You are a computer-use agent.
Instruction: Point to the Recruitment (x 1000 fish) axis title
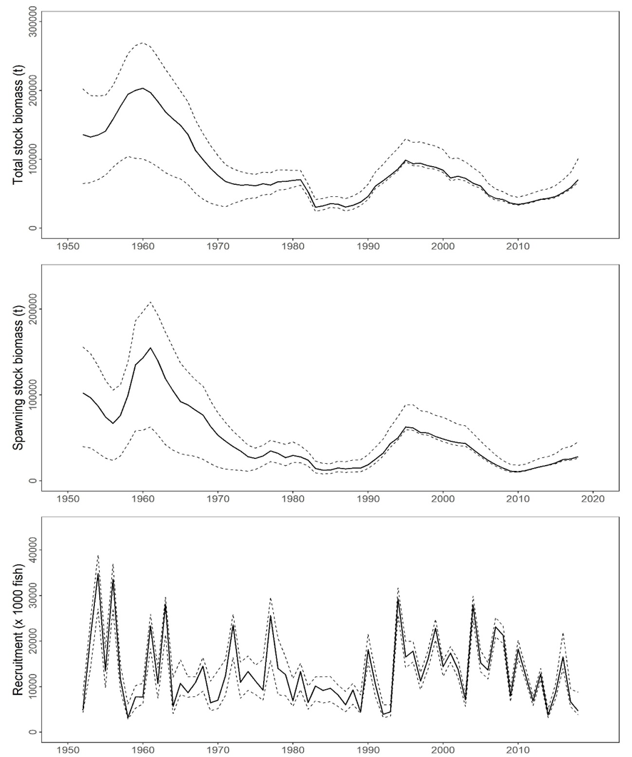click(x=18, y=621)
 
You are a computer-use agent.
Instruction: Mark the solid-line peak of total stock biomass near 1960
click(x=143, y=88)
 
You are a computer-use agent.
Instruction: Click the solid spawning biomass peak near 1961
click(x=151, y=348)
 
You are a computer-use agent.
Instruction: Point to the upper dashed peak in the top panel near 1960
click(x=143, y=43)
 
